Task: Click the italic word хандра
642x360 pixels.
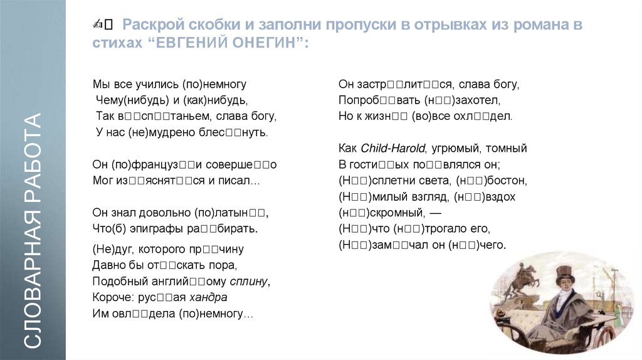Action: pos(210,297)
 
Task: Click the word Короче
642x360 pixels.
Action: pos(112,297)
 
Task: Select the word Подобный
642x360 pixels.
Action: pos(116,280)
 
